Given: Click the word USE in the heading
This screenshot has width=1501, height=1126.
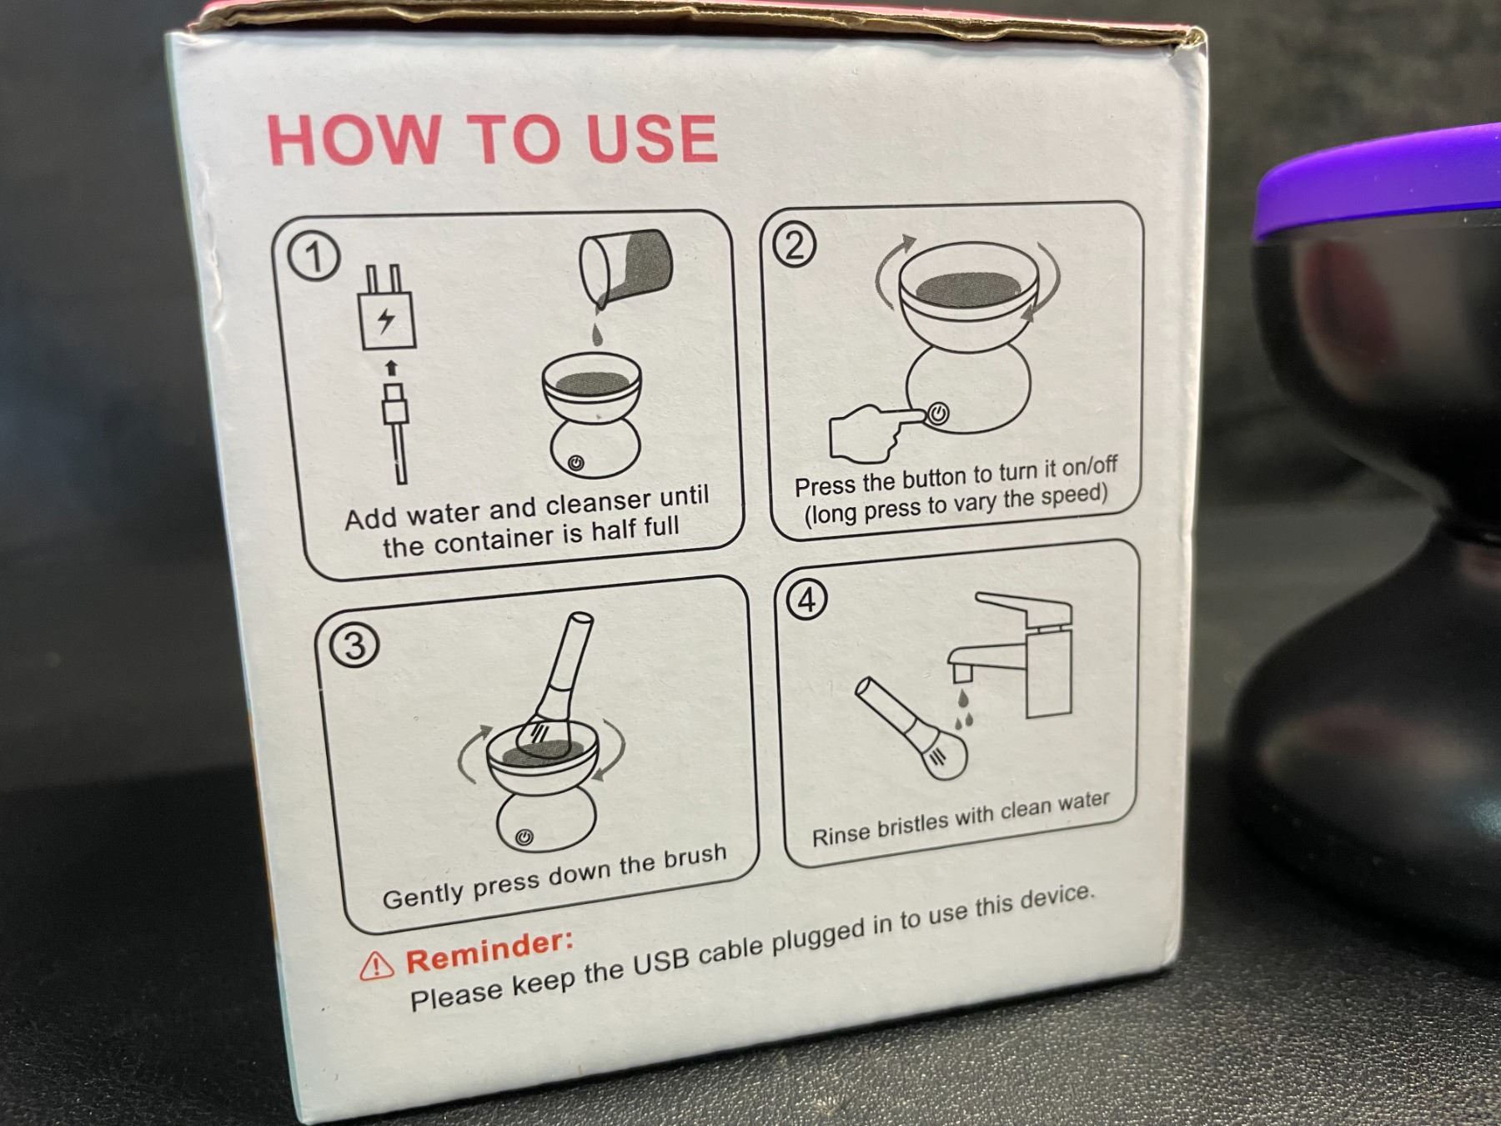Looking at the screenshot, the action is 651,138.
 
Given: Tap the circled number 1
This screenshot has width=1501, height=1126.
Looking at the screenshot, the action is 314,257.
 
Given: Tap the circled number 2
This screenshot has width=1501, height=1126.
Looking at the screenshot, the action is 795,244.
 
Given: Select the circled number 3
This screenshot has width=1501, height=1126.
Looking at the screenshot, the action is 354,646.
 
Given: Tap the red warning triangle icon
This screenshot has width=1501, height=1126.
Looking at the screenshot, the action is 377,965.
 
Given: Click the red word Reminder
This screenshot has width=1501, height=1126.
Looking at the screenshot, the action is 490,951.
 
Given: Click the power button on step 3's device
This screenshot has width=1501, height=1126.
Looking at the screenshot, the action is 525,837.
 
